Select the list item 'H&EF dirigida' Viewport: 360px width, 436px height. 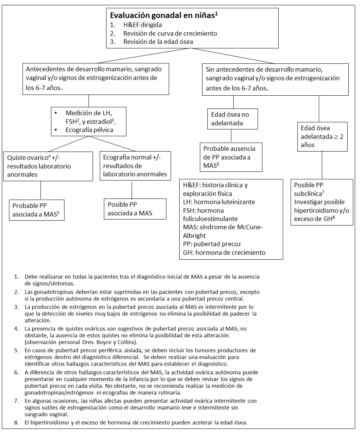(x=141, y=25)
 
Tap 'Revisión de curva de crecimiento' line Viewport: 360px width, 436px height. (x=170, y=33)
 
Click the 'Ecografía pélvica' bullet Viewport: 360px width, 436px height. (x=90, y=130)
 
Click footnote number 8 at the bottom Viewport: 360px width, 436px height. (x=16, y=422)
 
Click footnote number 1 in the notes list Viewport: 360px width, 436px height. (x=16, y=277)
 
